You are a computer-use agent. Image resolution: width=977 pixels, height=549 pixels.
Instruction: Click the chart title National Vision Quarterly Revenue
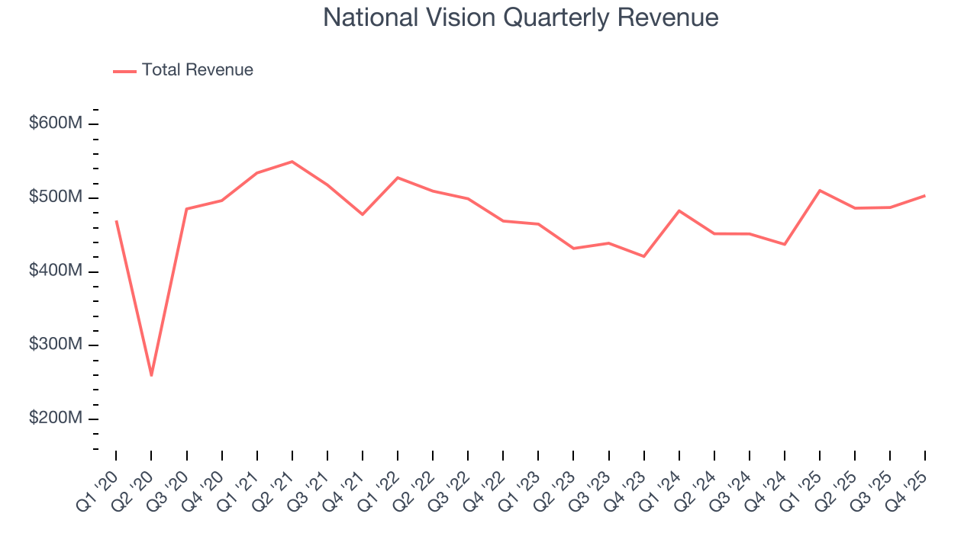521,18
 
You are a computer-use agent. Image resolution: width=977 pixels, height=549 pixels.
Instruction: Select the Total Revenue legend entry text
197,70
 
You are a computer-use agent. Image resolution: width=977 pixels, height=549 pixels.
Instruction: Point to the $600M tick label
55,124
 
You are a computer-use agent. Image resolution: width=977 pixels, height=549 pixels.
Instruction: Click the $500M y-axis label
55,197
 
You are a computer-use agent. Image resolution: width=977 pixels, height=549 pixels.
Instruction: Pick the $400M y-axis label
55,271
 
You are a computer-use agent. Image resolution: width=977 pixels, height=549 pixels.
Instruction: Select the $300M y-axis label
55,345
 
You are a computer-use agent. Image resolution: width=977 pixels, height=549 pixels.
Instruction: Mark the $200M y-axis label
55,419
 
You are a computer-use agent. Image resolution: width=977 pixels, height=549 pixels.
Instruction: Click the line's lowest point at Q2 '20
151,375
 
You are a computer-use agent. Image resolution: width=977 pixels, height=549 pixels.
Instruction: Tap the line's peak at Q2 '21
292,162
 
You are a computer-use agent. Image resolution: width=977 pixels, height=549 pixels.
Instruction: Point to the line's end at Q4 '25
925,196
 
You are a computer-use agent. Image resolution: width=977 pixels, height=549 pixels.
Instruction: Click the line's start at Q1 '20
116,221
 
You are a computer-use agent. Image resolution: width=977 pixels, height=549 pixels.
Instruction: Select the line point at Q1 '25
820,191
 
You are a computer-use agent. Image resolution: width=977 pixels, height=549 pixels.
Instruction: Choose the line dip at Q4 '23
644,256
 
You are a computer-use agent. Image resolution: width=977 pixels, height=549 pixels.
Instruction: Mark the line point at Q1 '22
398,178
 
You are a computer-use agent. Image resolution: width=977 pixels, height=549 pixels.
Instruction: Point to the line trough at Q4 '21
363,214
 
